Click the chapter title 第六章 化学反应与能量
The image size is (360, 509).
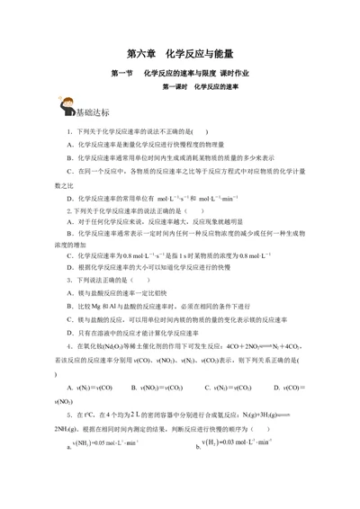180,54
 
